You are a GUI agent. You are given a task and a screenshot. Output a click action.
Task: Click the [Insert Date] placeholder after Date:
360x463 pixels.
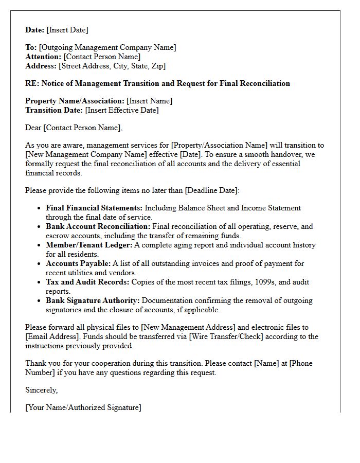coord(67,30)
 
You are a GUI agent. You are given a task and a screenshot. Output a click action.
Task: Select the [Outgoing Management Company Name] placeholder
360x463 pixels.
coord(107,47)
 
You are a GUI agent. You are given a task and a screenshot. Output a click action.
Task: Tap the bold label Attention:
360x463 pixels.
coord(43,57)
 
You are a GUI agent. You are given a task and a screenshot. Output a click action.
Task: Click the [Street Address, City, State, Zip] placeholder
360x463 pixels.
coord(112,66)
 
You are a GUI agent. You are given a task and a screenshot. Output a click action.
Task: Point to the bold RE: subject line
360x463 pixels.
coord(157,83)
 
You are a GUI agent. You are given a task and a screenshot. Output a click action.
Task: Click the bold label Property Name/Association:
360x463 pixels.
coord(75,101)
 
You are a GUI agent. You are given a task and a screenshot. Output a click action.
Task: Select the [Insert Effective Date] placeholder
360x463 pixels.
coord(122,110)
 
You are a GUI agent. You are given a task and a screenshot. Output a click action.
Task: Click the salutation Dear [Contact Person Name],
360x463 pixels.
coord(74,128)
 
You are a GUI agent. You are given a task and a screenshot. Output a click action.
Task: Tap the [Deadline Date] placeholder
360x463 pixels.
coord(211,190)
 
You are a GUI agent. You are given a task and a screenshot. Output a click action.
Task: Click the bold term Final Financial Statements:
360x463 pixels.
coord(94,208)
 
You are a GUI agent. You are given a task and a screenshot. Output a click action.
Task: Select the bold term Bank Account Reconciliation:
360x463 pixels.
coord(98,226)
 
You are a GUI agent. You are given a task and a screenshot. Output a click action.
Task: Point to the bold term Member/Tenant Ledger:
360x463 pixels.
coord(89,245)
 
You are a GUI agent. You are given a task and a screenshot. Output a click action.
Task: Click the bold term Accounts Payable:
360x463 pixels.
coord(78,263)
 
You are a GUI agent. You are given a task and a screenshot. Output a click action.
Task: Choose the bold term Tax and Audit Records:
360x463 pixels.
coord(87,282)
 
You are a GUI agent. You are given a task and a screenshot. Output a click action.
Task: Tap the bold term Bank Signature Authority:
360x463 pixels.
coord(93,300)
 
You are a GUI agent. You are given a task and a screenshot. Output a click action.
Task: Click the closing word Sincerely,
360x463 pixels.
coord(42,390)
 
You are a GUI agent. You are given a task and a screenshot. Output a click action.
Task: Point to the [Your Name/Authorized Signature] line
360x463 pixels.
coord(83,407)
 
